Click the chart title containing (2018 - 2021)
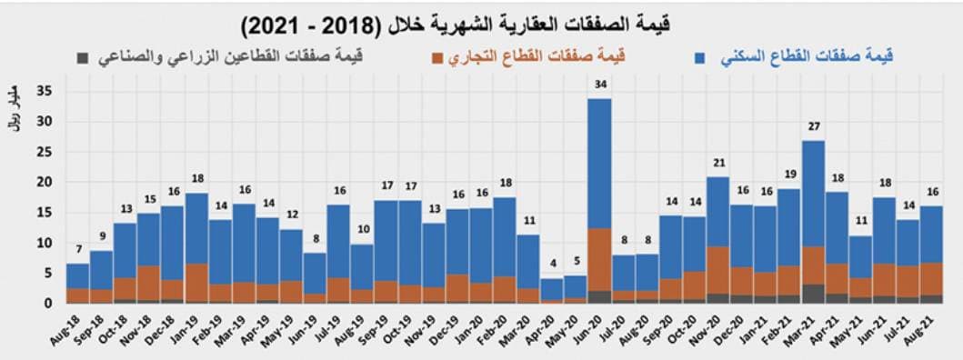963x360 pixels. click(481, 21)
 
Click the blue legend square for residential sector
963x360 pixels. click(699, 58)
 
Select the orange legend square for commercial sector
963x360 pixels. click(438, 58)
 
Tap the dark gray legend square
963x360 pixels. click(83, 58)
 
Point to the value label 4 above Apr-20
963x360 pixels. click(551, 265)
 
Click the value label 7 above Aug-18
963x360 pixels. click(77, 250)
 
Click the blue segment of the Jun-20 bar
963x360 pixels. click(598, 164)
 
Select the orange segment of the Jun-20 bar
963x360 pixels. click(598, 259)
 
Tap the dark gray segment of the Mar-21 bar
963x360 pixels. click(813, 294)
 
